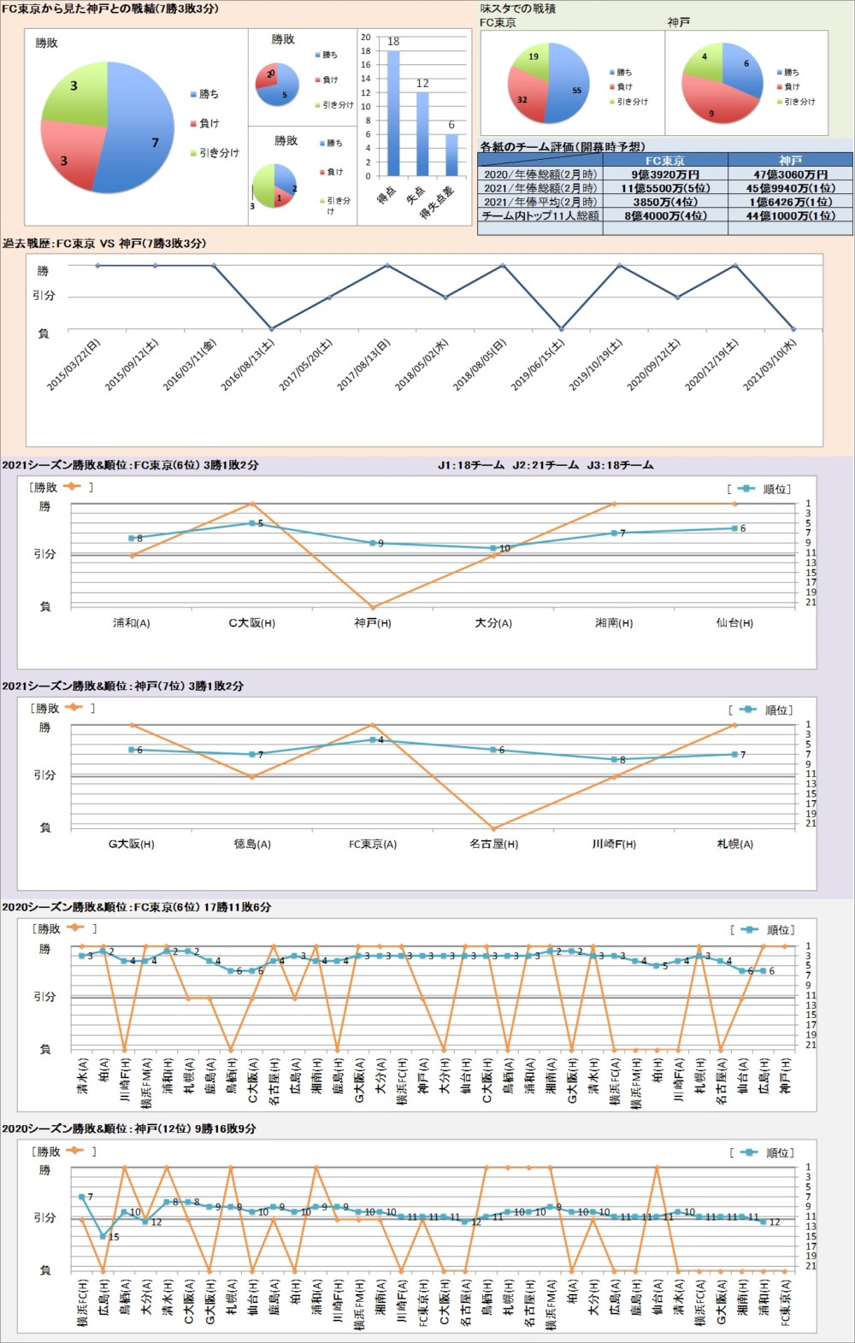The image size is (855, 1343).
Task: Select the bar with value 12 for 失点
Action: tap(422, 134)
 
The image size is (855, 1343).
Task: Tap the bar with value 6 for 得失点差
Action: tap(451, 155)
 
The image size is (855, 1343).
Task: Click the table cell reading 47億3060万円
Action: tap(790, 174)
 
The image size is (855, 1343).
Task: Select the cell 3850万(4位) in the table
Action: tap(664, 202)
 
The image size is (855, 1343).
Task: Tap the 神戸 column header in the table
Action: tap(790, 161)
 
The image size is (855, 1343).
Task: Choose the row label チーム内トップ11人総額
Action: tap(540, 215)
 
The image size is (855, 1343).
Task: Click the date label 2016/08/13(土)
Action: tap(248, 366)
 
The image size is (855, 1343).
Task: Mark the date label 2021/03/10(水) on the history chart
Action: tap(769, 366)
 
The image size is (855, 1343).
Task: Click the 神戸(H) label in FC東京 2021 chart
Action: tap(373, 623)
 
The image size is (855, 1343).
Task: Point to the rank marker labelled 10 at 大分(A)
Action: tap(493, 548)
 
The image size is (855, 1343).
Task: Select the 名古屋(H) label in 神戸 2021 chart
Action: tap(493, 844)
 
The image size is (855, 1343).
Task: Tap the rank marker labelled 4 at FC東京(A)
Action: tap(373, 739)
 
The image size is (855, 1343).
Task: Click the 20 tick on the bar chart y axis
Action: tap(366, 38)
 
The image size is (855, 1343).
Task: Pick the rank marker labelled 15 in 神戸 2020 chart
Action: tap(103, 1236)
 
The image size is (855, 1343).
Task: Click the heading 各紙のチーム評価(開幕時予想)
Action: tap(563, 147)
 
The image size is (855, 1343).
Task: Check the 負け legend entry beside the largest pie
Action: tap(209, 123)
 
